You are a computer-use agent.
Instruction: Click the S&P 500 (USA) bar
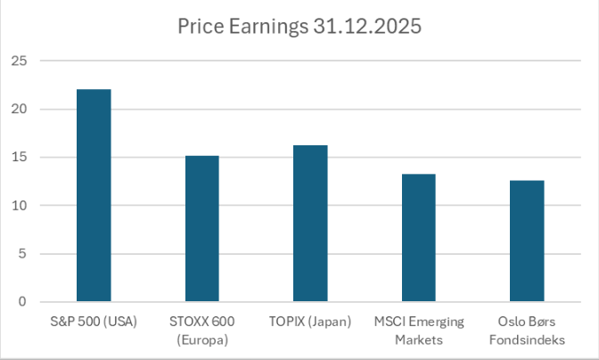click(94, 195)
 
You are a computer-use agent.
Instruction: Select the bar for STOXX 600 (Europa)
click(202, 228)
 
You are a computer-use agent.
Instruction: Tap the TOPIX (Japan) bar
click(310, 223)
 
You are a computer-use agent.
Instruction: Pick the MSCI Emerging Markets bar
click(418, 237)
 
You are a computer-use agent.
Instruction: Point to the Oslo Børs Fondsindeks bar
click(526, 241)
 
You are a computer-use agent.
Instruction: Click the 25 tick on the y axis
click(20, 61)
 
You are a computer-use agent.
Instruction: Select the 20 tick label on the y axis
click(20, 109)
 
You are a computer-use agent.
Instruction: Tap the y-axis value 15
click(20, 157)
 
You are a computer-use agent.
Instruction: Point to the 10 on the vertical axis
click(20, 205)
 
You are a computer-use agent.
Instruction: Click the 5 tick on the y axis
click(23, 253)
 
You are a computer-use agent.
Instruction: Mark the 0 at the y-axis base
click(23, 301)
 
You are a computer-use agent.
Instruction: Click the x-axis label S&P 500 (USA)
click(94, 321)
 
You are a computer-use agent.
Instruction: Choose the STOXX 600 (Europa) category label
click(202, 329)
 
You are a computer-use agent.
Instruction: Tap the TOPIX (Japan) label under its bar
click(310, 321)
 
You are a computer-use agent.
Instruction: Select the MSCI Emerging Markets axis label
click(418, 329)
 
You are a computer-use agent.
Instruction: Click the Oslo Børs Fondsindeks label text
click(526, 329)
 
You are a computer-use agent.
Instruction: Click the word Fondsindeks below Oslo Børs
click(526, 339)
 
